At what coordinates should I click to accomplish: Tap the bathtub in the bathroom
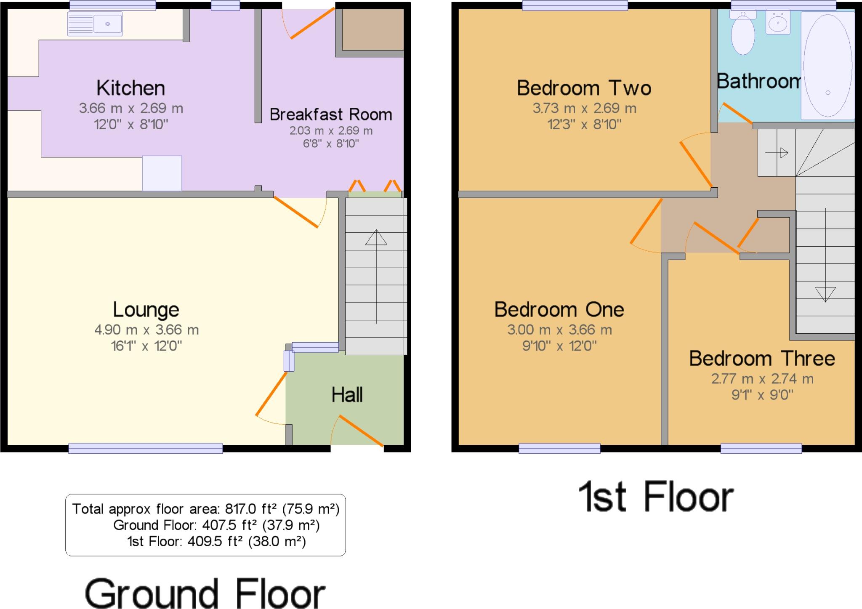point(827,66)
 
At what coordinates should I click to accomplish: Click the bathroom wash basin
point(778,23)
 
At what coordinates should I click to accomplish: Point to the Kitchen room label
point(130,88)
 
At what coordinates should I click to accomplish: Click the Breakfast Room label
point(330,114)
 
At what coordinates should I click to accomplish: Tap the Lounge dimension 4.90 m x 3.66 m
point(146,330)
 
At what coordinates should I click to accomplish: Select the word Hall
point(347,395)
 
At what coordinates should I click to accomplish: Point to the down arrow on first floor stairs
point(825,294)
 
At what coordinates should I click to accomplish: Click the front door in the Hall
point(361,430)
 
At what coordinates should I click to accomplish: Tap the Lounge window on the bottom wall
point(145,449)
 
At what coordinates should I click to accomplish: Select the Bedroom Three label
point(762,359)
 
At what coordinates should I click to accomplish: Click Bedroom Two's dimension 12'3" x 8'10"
point(584,124)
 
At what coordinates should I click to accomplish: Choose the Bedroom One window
point(559,449)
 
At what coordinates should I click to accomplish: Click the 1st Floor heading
point(656,497)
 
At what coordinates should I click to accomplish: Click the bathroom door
point(736,113)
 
